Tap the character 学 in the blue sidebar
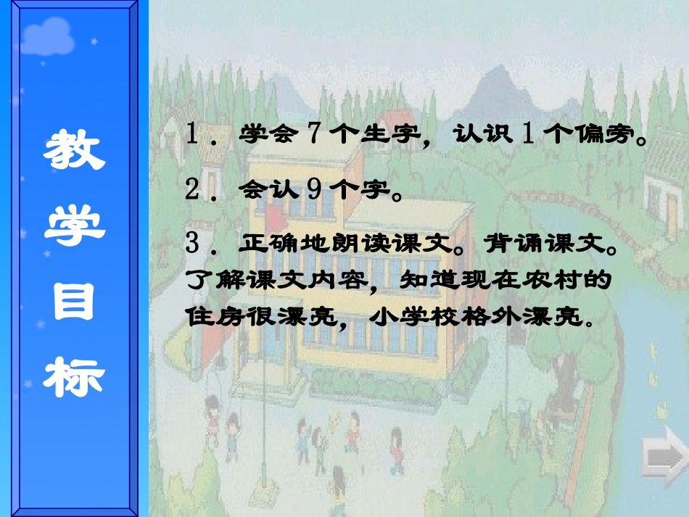click(74, 226)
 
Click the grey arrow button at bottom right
click(665, 457)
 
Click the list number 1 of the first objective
click(192, 135)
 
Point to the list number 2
click(192, 190)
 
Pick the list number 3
click(192, 244)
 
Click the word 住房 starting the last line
click(210, 317)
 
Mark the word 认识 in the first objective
click(480, 136)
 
